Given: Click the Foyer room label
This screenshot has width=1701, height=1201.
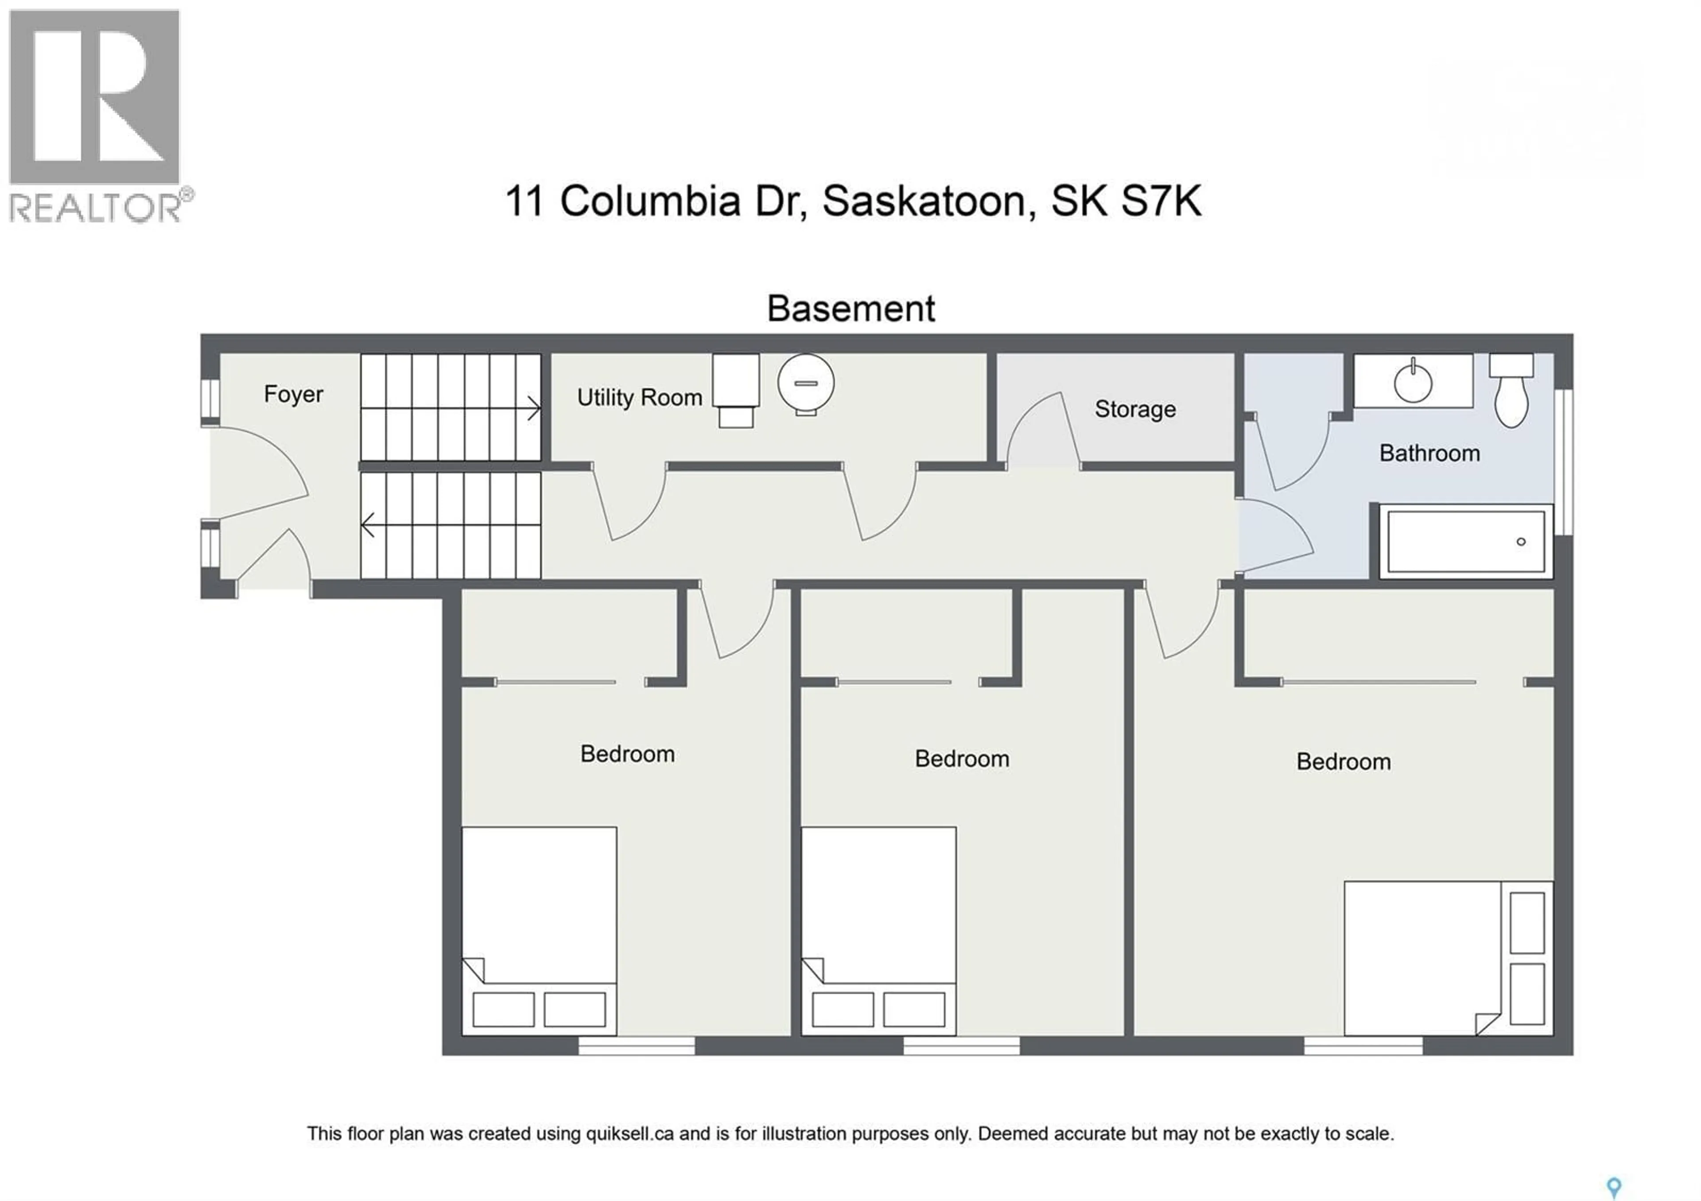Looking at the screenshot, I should pyautogui.click(x=293, y=394).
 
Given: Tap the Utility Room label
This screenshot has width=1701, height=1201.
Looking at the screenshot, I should pyautogui.click(x=639, y=398).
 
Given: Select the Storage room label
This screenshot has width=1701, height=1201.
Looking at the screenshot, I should pyautogui.click(x=1135, y=409).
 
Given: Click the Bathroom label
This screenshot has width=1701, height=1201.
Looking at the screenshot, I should pyautogui.click(x=1429, y=453).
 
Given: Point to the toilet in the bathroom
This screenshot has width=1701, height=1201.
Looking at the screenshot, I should pyautogui.click(x=1511, y=392).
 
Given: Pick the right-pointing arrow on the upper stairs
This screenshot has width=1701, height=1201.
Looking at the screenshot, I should pyautogui.click(x=533, y=407).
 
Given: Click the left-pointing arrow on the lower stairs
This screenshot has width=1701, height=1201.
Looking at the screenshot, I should pyautogui.click(x=368, y=525).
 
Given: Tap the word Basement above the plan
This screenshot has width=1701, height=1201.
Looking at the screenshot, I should pyautogui.click(x=850, y=309).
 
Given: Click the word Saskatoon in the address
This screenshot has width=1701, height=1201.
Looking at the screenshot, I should pyautogui.click(x=929, y=201).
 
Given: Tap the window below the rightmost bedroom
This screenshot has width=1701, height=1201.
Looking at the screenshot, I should pyautogui.click(x=1363, y=1046).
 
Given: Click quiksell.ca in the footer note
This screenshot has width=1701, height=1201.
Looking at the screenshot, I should pyautogui.click(x=630, y=1134).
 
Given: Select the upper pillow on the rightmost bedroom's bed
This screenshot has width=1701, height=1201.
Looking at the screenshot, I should pyautogui.click(x=1527, y=922).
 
